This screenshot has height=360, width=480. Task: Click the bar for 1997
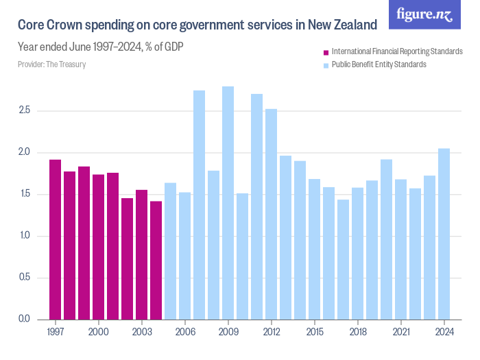point(56,239)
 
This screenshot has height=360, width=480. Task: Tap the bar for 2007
point(199,205)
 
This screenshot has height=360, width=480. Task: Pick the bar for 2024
point(444,234)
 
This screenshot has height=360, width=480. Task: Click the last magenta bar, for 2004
point(156,260)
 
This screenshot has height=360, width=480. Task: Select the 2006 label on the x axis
point(184,333)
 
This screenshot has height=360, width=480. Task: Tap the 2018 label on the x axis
point(357,333)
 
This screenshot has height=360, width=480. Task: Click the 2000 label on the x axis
point(99,333)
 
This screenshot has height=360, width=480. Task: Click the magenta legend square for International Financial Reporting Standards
point(326,52)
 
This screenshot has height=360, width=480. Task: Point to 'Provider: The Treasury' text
point(51,64)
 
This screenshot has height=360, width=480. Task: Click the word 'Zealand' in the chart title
point(354,25)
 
